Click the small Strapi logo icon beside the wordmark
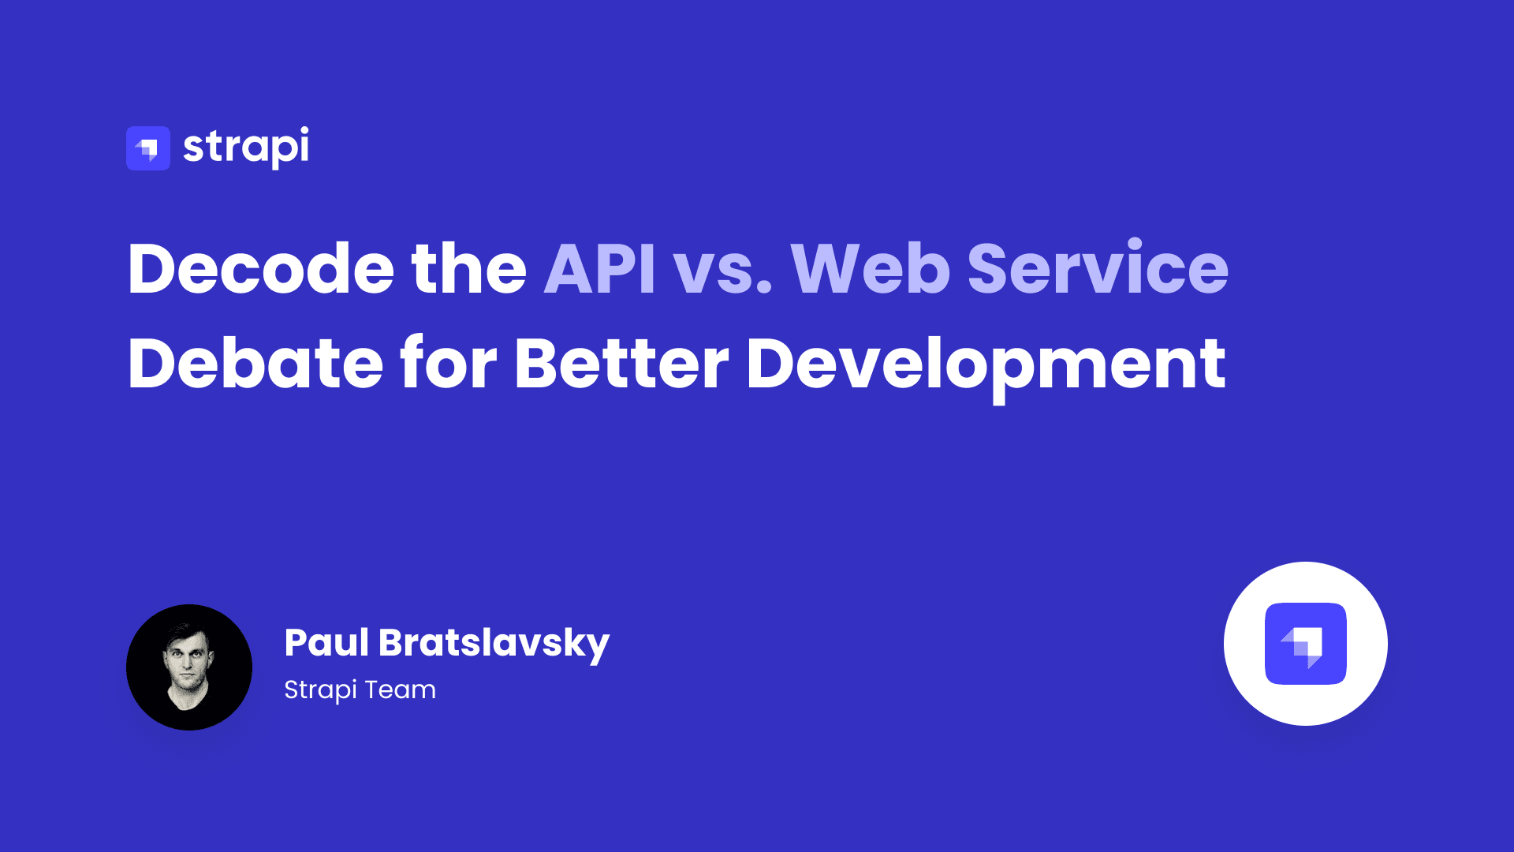tap(148, 148)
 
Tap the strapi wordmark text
tap(246, 148)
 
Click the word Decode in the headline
tap(260, 269)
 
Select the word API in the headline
tap(599, 269)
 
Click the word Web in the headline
tap(870, 269)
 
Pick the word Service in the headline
tap(1097, 269)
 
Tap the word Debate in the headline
tap(255, 364)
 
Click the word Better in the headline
tap(621, 364)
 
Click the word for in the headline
tap(449, 364)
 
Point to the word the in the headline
tap(468, 269)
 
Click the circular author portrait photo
tap(189, 667)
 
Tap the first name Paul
tap(326, 643)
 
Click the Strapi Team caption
tap(360, 690)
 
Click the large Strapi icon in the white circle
tap(1306, 644)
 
